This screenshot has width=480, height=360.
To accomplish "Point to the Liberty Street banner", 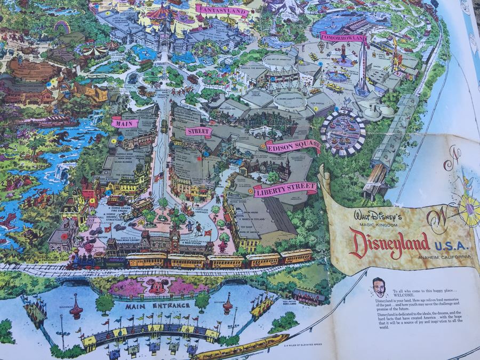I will (285, 189).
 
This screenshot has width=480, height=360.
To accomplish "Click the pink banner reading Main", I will (124, 123).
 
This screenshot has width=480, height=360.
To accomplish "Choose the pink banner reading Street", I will (198, 131).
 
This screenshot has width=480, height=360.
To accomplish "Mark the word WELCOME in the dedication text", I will (407, 298).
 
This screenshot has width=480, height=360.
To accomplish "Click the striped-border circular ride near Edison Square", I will (343, 132).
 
